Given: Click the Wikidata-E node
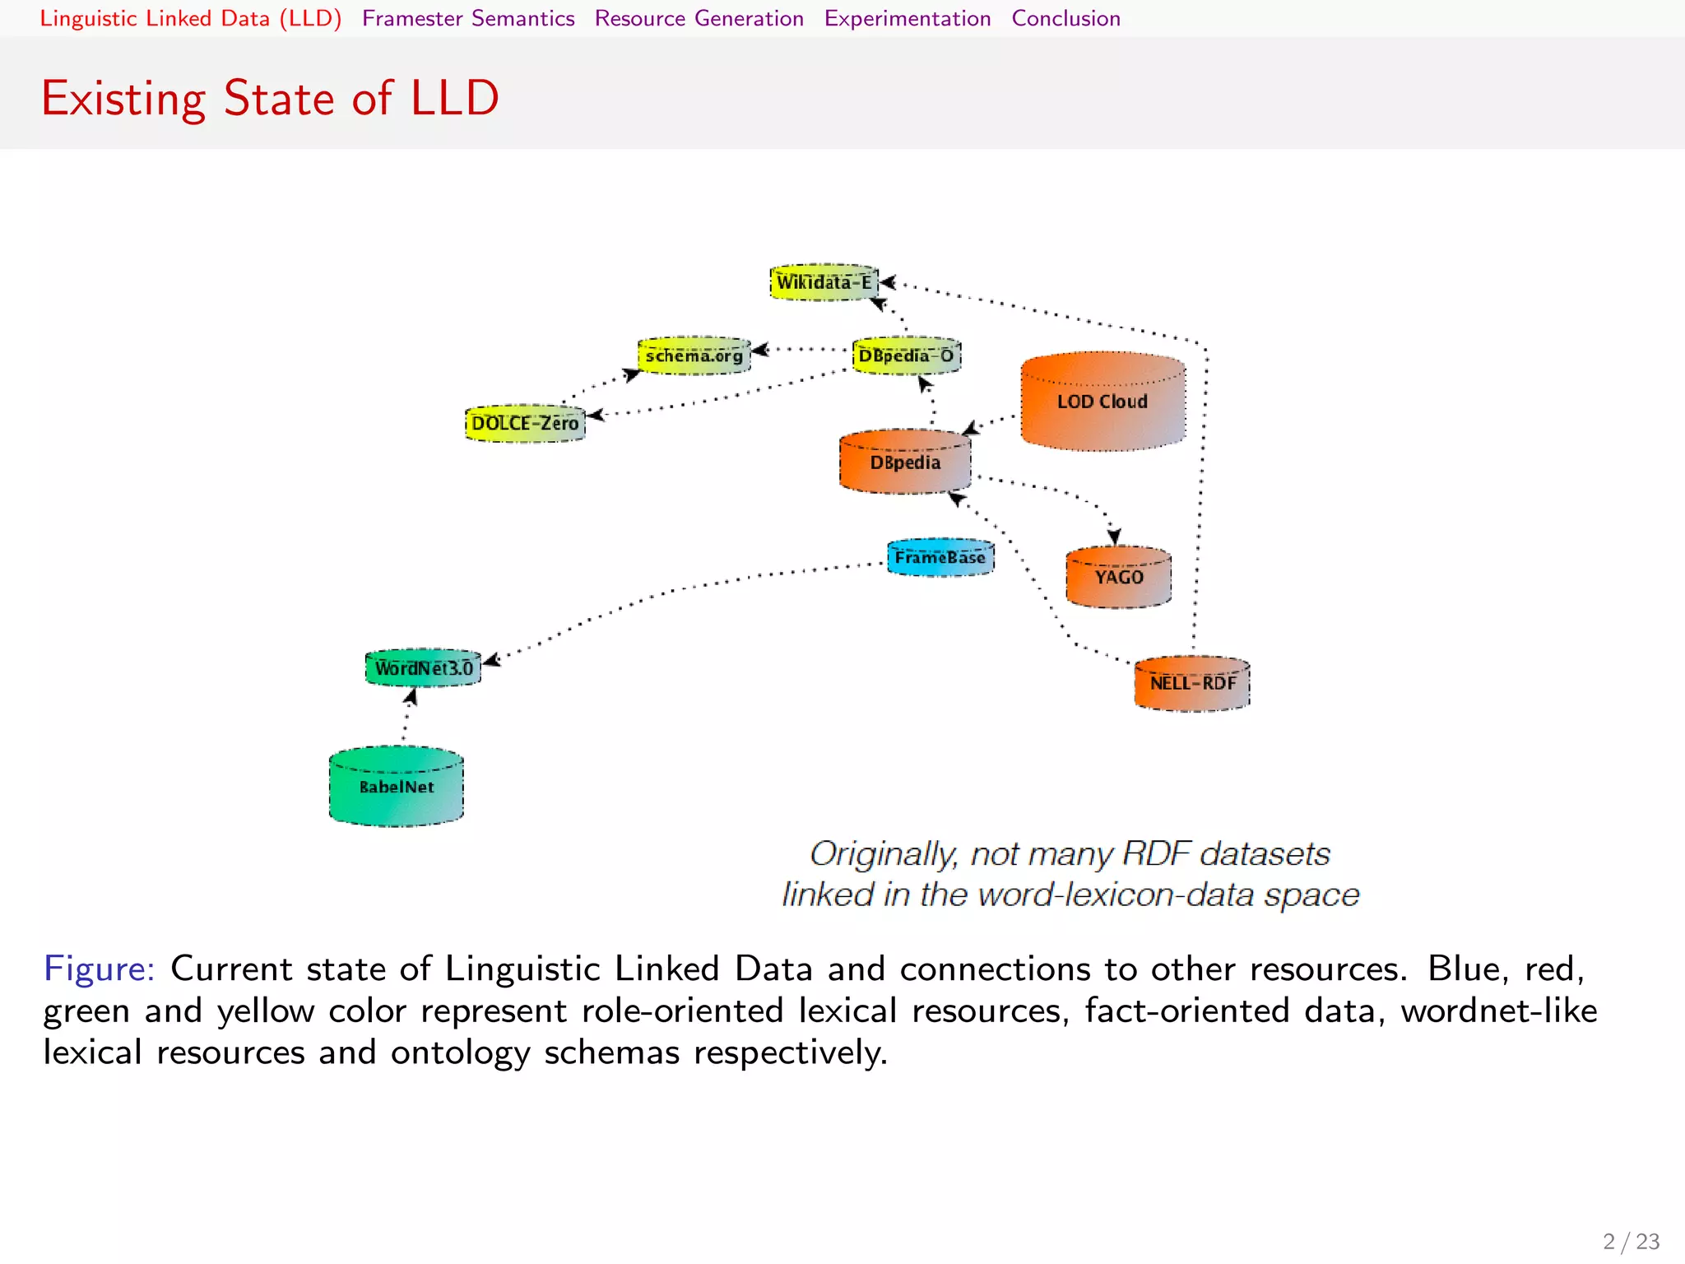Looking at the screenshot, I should pyautogui.click(x=824, y=282).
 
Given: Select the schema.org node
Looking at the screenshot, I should pyautogui.click(x=694, y=355).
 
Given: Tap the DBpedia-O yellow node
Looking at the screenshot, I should pyautogui.click(x=906, y=355).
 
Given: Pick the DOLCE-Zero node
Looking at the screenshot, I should pyautogui.click(x=525, y=423).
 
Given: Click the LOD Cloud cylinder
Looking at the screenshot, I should pyautogui.click(x=1102, y=402).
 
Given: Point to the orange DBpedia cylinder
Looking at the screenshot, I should pyautogui.click(x=905, y=462).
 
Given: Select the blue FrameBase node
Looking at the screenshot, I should pyautogui.click(x=940, y=558).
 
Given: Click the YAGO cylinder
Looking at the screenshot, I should pyautogui.click(x=1118, y=577).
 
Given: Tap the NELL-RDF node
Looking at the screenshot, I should pyautogui.click(x=1192, y=683).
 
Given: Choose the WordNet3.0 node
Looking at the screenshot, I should pyautogui.click(x=423, y=667).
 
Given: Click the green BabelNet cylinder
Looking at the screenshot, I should pyautogui.click(x=396, y=787).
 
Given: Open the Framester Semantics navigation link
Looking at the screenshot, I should pyautogui.click(x=468, y=18).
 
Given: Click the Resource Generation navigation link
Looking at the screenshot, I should pyautogui.click(x=699, y=18).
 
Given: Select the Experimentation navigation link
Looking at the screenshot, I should pyautogui.click(x=907, y=18).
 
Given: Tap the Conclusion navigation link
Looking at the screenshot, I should pyautogui.click(x=1065, y=18).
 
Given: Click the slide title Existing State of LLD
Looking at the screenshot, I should pyautogui.click(x=270, y=98).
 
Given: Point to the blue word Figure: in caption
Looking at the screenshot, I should pyautogui.click(x=99, y=969).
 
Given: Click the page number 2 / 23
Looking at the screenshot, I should pyautogui.click(x=1631, y=1241).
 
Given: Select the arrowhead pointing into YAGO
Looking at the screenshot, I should pyautogui.click(x=1114, y=537).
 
